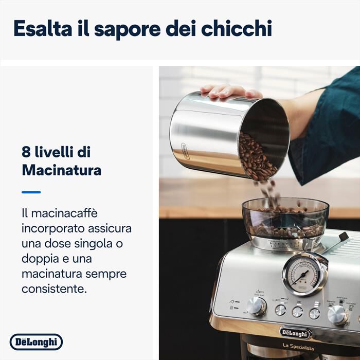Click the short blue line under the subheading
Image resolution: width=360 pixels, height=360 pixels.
tap(31, 192)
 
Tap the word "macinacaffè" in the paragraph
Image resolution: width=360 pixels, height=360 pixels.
tap(64, 213)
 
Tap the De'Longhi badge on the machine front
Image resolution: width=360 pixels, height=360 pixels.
tap(295, 332)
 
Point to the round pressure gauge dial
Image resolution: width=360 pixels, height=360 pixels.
tap(304, 274)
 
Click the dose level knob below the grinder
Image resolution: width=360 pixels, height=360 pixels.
tap(256, 305)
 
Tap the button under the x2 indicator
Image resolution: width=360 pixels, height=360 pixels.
tap(280, 310)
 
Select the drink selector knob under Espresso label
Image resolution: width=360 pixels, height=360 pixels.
tap(337, 314)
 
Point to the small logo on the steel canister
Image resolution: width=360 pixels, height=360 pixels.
tap(182, 152)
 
